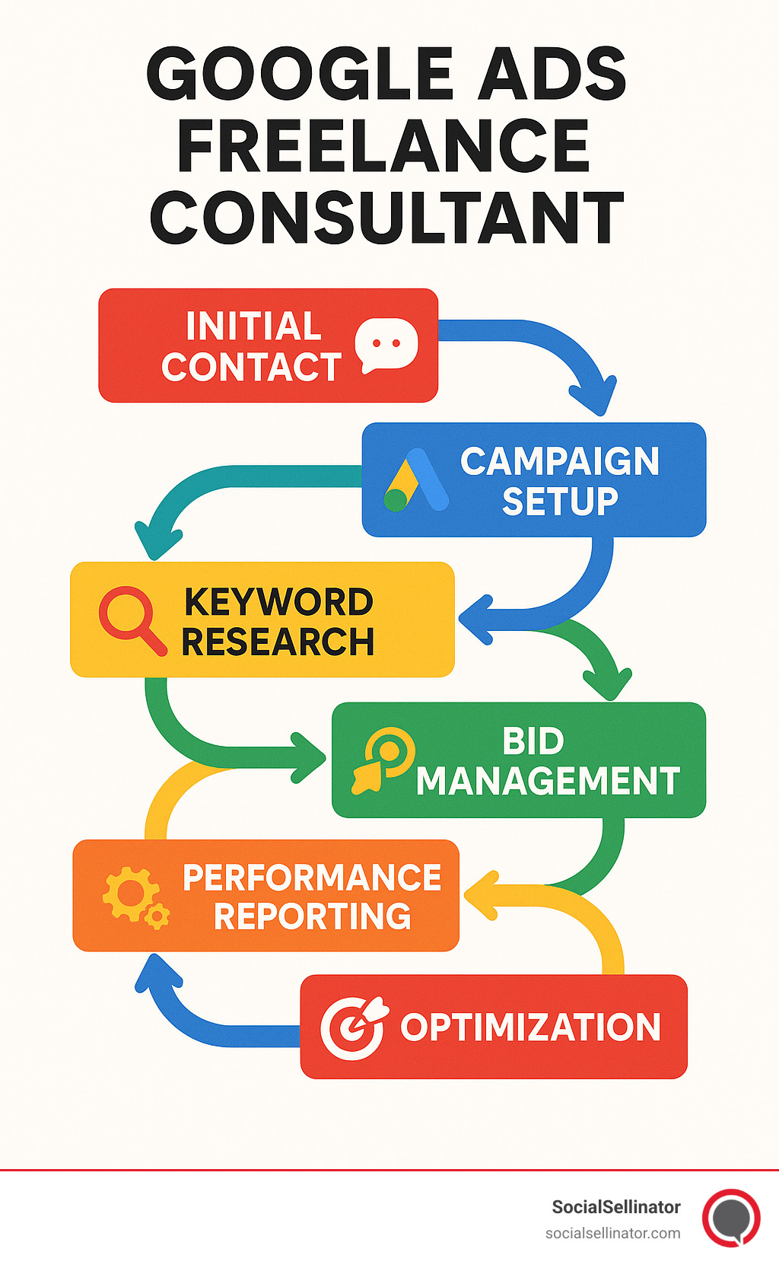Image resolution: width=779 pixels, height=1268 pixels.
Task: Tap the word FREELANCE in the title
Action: tap(384, 146)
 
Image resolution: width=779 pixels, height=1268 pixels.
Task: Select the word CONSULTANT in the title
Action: tap(387, 218)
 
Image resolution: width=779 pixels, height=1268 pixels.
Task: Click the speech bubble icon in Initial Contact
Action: tap(386, 345)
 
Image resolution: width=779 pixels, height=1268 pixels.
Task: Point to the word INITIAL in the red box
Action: tap(254, 327)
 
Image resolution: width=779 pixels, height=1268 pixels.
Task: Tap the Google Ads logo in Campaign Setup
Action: tap(415, 480)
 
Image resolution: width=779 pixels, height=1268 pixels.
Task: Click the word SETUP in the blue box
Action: tap(560, 502)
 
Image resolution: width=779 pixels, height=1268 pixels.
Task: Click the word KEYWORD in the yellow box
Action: tap(278, 602)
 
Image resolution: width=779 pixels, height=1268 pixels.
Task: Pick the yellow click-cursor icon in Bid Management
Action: tap(383, 760)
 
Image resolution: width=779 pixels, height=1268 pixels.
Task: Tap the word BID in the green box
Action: tap(533, 741)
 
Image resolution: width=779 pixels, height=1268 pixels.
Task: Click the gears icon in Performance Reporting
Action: tap(135, 897)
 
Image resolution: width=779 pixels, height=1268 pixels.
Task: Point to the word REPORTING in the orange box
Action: tap(313, 916)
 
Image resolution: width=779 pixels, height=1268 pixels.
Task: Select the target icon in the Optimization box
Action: tap(353, 1027)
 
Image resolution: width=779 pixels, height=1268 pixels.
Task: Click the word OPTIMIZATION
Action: tap(530, 1027)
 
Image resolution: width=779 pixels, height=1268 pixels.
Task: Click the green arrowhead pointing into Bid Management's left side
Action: tap(309, 757)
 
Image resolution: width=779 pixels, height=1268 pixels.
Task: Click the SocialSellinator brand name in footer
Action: tap(615, 1207)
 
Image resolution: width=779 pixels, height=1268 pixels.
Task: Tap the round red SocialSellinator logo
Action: tap(731, 1217)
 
